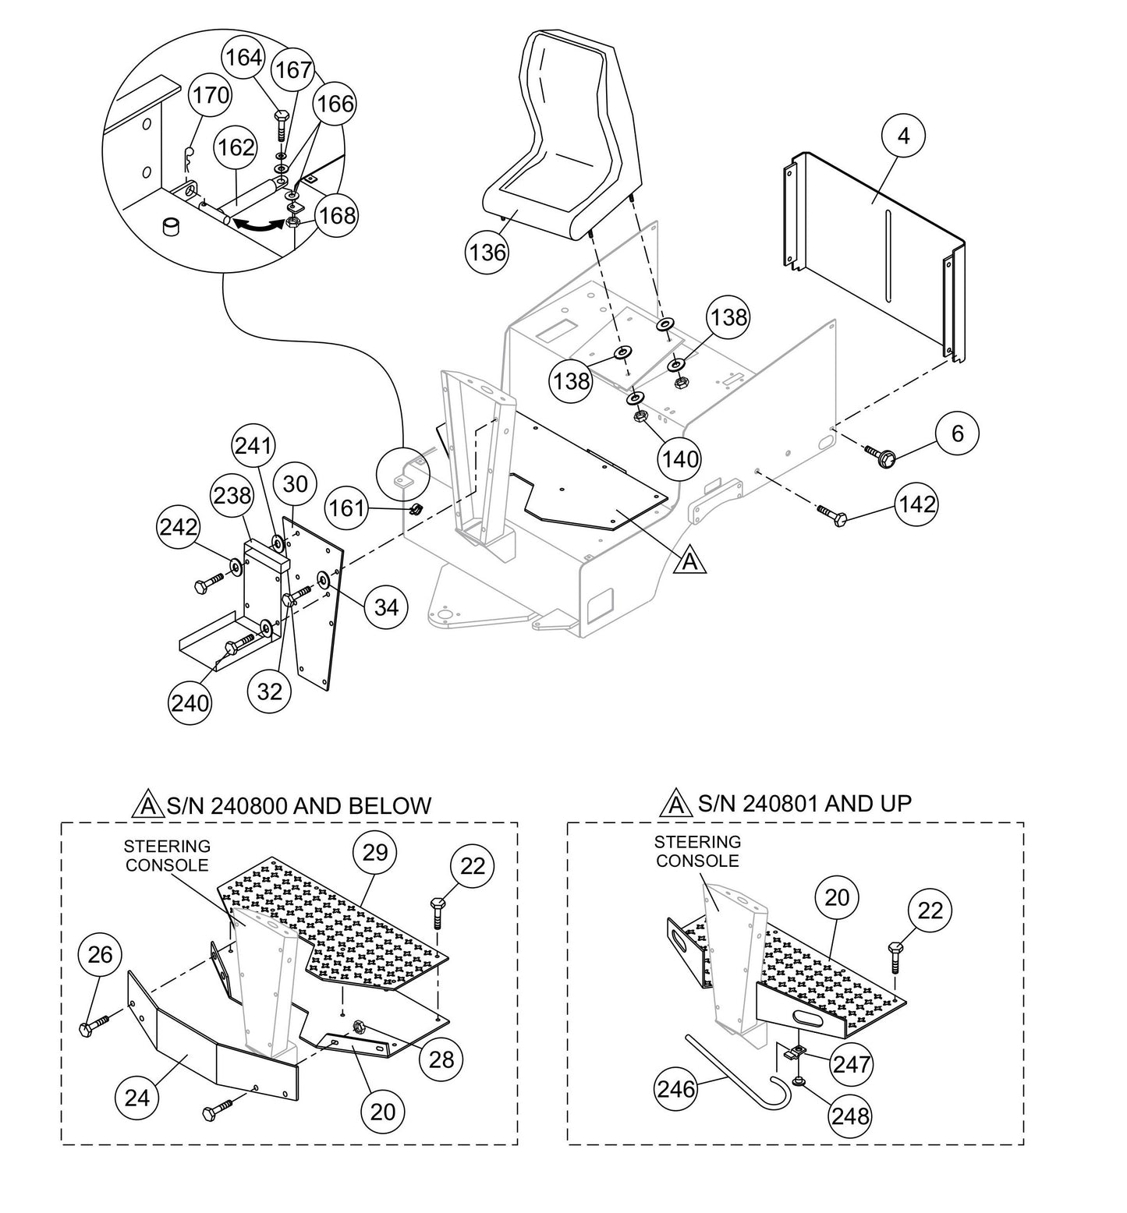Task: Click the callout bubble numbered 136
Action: (x=487, y=252)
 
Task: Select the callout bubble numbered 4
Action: (x=903, y=136)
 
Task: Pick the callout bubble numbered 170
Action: (x=211, y=96)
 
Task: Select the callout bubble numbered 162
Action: (x=236, y=147)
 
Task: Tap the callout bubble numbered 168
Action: (x=338, y=214)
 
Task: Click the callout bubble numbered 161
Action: (x=346, y=508)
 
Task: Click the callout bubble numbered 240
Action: (x=190, y=702)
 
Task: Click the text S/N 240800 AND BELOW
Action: (x=298, y=805)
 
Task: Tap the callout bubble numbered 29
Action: (x=375, y=852)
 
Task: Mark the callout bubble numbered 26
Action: (x=100, y=955)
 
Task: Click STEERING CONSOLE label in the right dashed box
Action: (x=697, y=851)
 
